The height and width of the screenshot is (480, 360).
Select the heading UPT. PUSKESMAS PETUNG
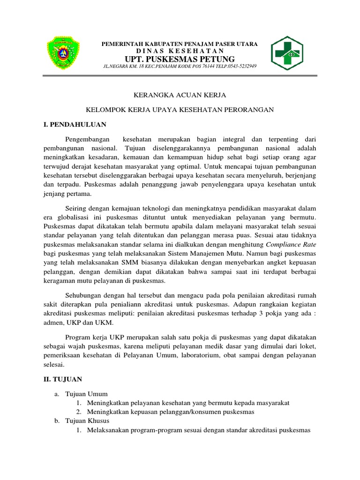click(180, 59)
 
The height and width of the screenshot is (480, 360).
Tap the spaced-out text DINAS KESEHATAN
click(180, 51)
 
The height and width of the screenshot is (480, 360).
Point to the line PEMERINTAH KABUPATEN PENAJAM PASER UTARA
click(180, 44)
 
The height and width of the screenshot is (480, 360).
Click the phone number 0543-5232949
click(240, 67)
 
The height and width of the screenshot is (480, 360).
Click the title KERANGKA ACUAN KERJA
click(180, 95)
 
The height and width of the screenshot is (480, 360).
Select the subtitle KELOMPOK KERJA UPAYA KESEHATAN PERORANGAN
click(180, 110)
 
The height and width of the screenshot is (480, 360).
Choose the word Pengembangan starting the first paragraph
click(89, 139)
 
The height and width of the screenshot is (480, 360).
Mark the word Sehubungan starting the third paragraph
click(82, 295)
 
